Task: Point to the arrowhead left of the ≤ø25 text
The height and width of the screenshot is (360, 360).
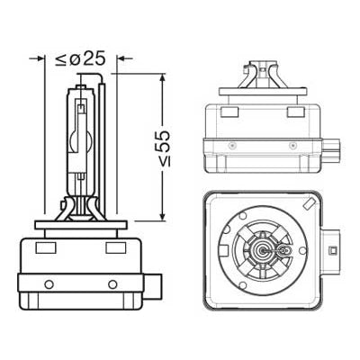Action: pos(40,58)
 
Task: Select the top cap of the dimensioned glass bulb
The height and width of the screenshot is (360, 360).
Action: pos(81,83)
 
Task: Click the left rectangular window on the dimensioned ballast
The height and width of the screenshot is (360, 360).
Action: pos(46,247)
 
